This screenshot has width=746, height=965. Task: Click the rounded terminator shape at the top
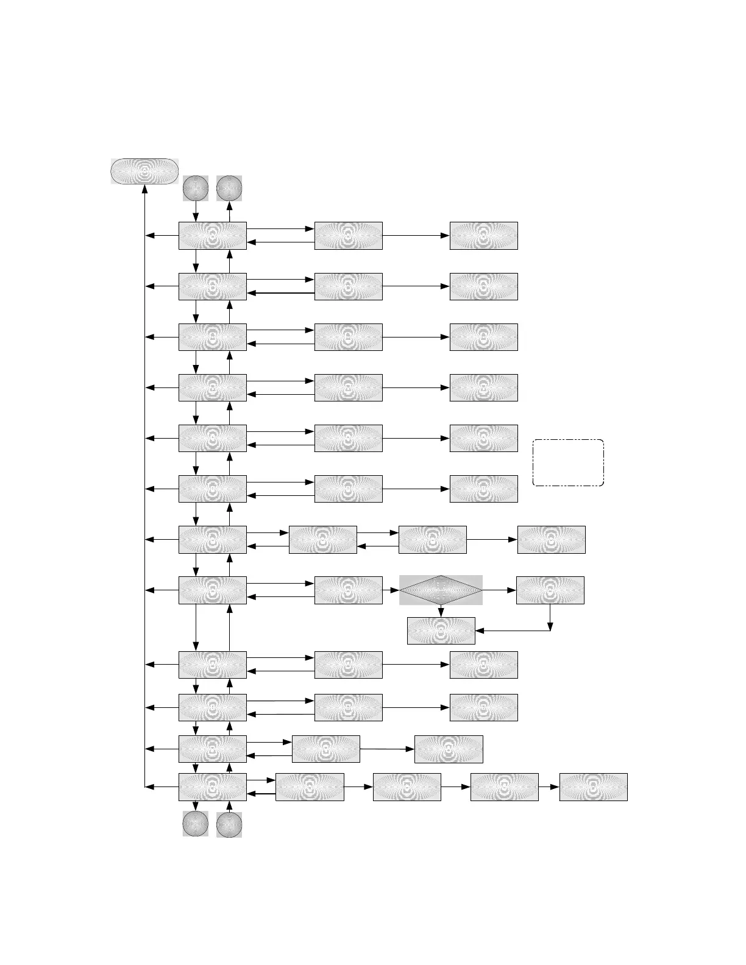click(x=144, y=171)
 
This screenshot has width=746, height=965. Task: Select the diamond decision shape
click(x=441, y=590)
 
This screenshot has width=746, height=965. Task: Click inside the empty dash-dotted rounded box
click(x=568, y=462)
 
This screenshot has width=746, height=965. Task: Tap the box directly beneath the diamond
click(x=441, y=631)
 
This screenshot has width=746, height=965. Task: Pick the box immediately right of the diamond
click(x=550, y=590)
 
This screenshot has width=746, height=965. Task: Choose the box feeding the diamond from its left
click(x=348, y=590)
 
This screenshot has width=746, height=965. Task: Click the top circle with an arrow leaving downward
click(x=196, y=188)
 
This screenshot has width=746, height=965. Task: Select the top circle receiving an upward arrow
click(x=229, y=188)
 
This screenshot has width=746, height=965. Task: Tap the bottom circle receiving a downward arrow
click(x=196, y=824)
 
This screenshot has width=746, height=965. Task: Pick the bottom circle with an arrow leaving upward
click(x=229, y=824)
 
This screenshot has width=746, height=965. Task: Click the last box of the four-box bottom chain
click(x=593, y=787)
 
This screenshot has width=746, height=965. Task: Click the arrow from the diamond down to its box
click(x=441, y=610)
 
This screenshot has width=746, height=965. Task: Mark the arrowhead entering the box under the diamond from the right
click(x=479, y=631)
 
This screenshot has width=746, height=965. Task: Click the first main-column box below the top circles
click(x=212, y=236)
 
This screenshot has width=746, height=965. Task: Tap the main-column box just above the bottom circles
click(x=212, y=787)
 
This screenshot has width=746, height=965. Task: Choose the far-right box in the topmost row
click(x=483, y=236)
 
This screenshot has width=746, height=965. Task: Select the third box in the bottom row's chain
click(x=505, y=787)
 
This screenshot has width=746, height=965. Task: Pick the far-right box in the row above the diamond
click(x=551, y=540)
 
